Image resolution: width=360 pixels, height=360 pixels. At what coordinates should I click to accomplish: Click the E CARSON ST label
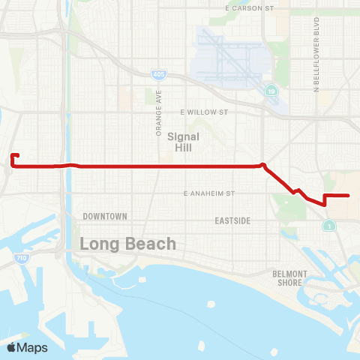250,7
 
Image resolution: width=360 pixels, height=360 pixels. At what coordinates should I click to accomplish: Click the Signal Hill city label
183,142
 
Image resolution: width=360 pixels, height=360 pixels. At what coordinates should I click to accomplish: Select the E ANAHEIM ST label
209,193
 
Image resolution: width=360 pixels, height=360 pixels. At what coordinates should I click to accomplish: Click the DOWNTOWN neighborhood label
105,216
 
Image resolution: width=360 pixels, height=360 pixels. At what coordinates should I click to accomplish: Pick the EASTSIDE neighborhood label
232,220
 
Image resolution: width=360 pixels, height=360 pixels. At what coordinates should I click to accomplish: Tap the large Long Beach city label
128,244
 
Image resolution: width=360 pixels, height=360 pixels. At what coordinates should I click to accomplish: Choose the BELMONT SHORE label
289,277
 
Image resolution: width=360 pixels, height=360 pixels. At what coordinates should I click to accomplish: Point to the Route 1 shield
328,225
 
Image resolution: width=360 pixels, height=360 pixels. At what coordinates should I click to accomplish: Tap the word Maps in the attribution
32,347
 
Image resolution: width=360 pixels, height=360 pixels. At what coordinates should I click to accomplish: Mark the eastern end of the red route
349,195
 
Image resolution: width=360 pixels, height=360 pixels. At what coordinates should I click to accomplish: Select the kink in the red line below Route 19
262,165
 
